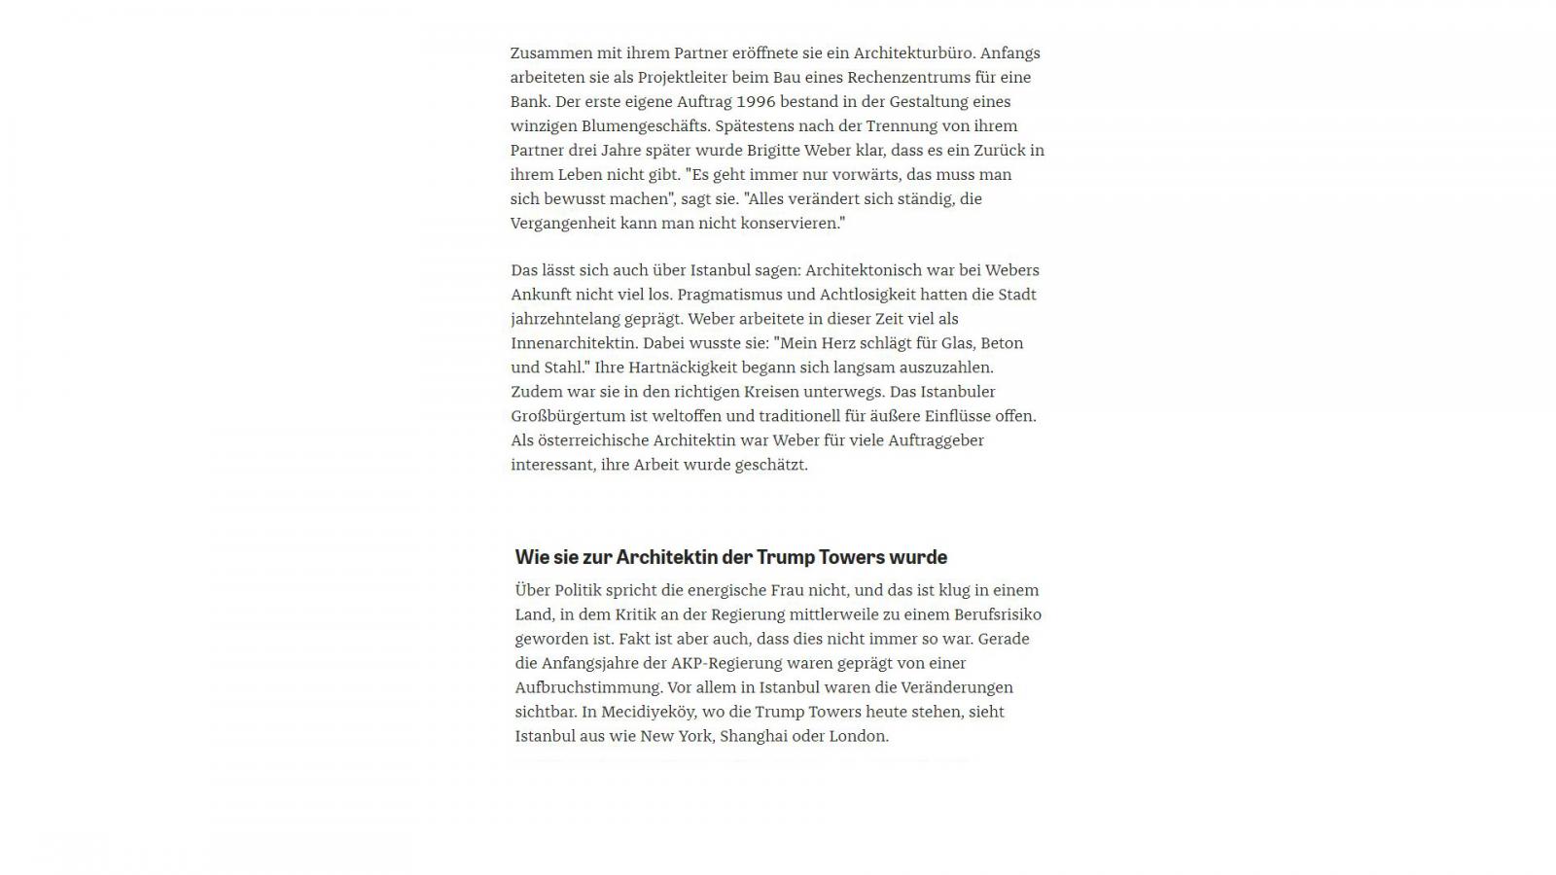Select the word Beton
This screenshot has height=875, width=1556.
(1002, 343)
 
